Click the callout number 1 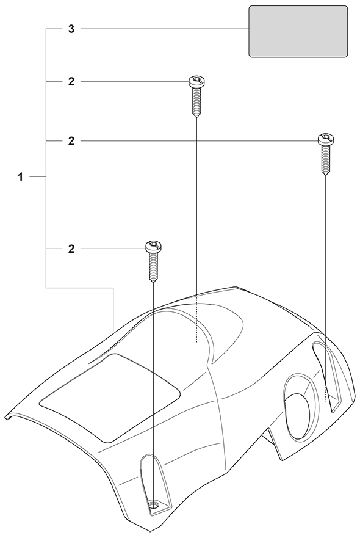pos(21,177)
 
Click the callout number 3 pos(71,29)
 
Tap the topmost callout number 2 pos(71,82)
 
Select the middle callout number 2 pos(71,141)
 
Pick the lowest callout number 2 pos(71,249)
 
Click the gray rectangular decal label pos(298,31)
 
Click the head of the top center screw pos(196,82)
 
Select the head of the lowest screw pos(154,247)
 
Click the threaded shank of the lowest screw pos(154,267)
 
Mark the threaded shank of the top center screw pos(196,102)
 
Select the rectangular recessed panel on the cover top pos(110,397)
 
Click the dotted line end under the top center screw pos(196,342)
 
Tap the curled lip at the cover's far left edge pos(10,417)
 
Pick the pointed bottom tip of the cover pos(151,532)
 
